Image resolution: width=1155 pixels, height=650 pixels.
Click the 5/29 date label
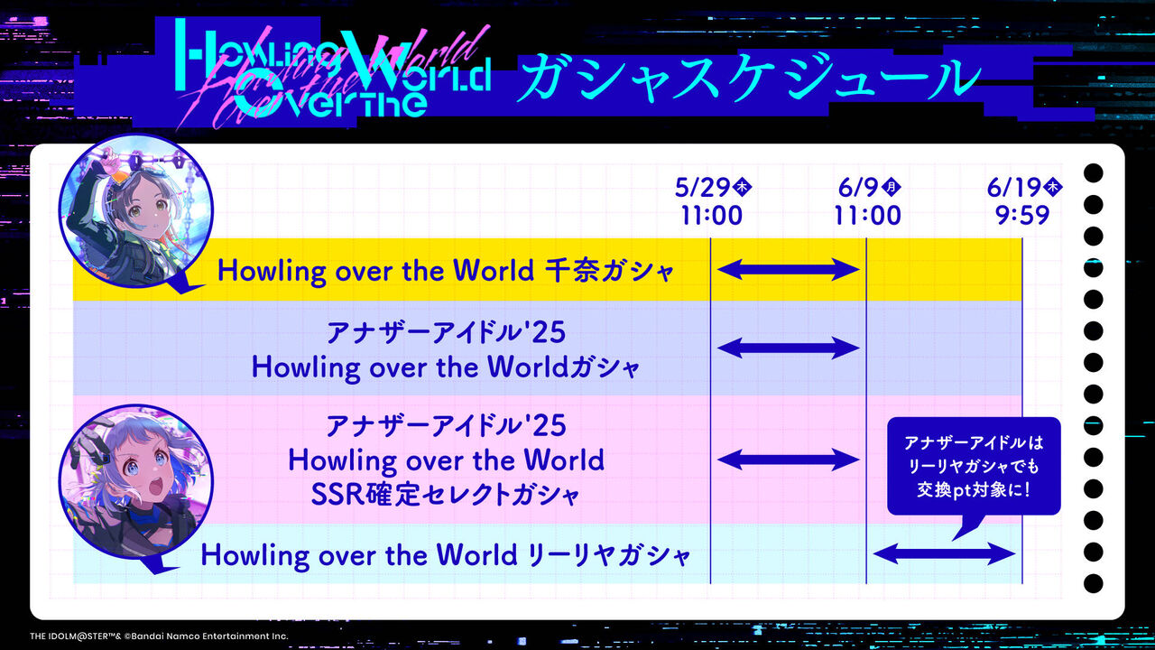(x=703, y=187)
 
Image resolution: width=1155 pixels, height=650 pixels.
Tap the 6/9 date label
(x=858, y=187)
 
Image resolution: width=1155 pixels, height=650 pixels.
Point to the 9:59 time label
(x=1022, y=215)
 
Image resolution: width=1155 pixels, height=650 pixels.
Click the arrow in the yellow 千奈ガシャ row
(x=788, y=269)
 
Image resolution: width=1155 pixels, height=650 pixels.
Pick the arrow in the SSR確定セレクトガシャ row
(x=788, y=460)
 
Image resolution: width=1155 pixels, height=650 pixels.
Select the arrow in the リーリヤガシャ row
(x=944, y=554)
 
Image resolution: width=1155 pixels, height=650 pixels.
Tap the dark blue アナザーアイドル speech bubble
(x=974, y=467)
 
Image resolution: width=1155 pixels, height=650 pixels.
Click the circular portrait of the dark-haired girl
(x=136, y=211)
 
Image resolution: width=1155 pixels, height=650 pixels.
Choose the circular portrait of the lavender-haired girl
(x=136, y=482)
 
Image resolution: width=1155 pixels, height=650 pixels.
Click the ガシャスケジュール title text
(x=749, y=78)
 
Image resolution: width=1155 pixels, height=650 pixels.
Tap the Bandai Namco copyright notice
(x=159, y=636)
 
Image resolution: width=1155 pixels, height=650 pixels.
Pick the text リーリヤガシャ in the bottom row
(x=608, y=555)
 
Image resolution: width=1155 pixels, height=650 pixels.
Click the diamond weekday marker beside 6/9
(x=891, y=186)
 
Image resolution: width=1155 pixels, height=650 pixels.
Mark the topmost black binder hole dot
(x=1093, y=173)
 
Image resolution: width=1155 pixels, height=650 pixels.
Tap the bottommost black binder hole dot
(x=1093, y=583)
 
